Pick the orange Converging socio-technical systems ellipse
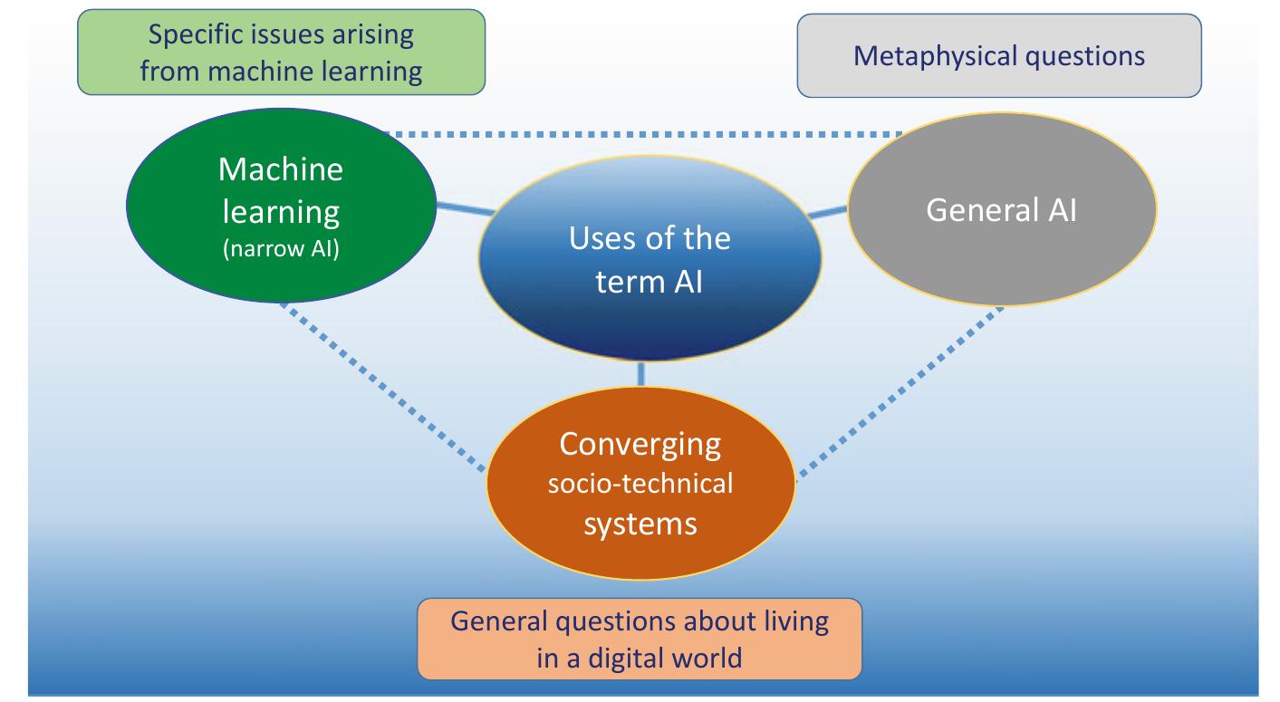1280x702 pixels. coord(640,484)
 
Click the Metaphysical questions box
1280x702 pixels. coord(998,55)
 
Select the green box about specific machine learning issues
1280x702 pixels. coord(281,53)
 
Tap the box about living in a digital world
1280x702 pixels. coord(640,639)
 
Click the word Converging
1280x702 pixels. coord(640,444)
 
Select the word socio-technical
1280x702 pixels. coord(640,484)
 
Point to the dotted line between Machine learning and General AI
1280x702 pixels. coord(643,134)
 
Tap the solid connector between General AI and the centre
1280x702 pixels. coord(826,213)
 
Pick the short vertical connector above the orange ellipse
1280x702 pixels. coord(641,373)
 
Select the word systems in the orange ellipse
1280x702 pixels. coord(640,524)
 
